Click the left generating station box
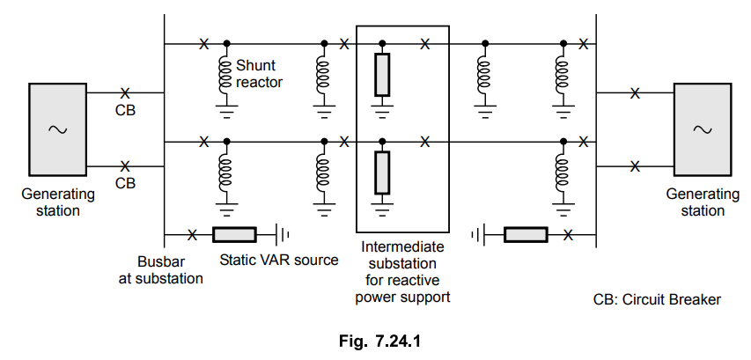pyautogui.click(x=58, y=129)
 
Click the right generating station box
pyautogui.click(x=702, y=129)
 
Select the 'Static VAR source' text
pyautogui.click(x=278, y=261)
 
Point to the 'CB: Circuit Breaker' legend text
pyautogui.click(x=657, y=299)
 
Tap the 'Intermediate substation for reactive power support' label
pyautogui.click(x=402, y=272)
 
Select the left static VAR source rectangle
pyautogui.click(x=234, y=234)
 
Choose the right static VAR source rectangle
pyautogui.click(x=526, y=234)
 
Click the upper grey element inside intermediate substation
pyautogui.click(x=382, y=76)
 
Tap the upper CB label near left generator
pyautogui.click(x=126, y=111)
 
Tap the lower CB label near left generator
pyautogui.click(x=126, y=183)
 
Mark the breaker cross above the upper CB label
pyautogui.click(x=125, y=92)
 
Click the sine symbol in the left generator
pyautogui.click(x=58, y=129)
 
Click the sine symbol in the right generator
pyautogui.click(x=702, y=129)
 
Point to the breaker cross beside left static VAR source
pyautogui.click(x=193, y=234)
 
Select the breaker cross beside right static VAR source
pyautogui.click(x=569, y=234)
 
